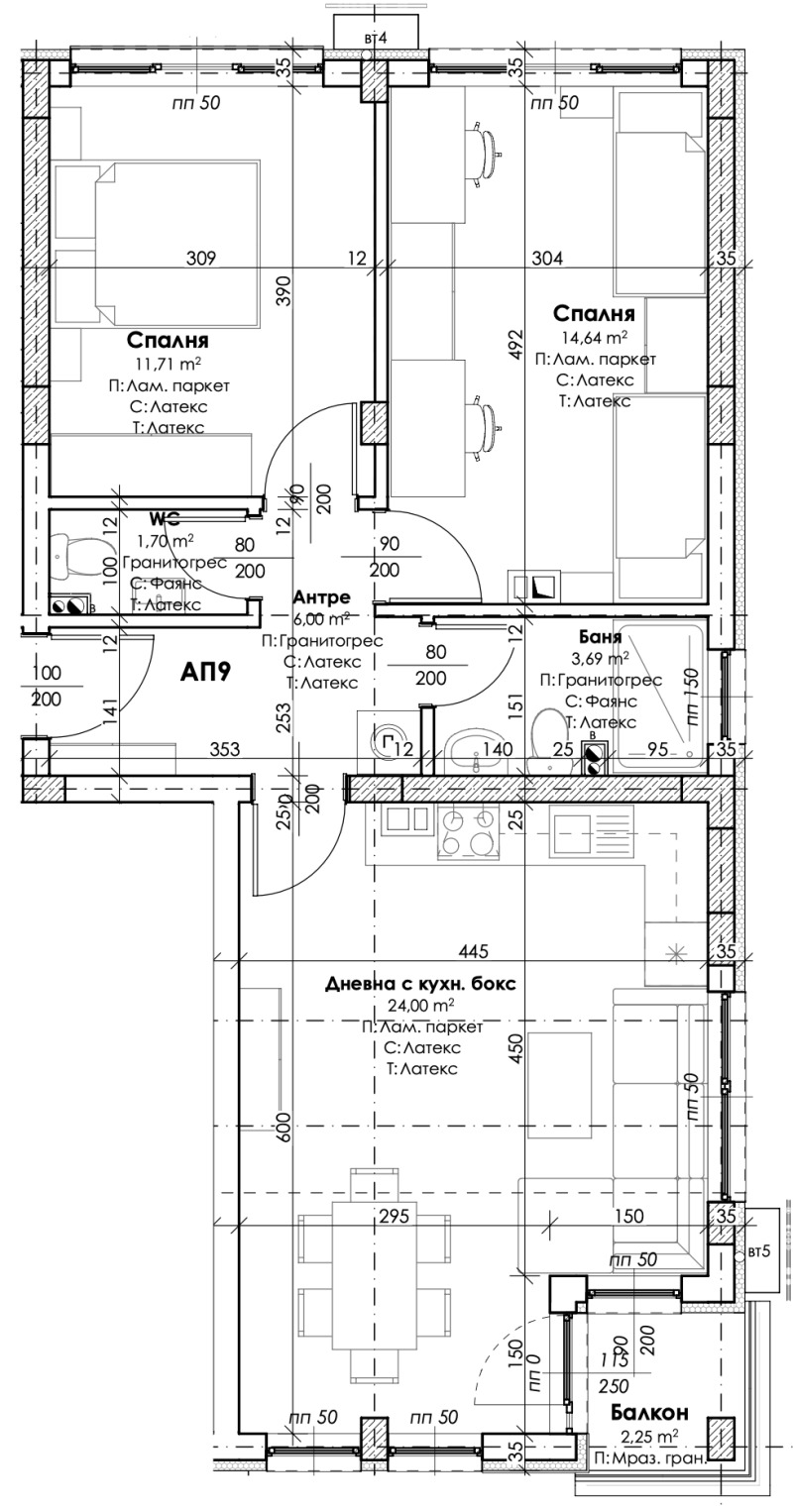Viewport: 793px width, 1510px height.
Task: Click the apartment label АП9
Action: pyautogui.click(x=207, y=673)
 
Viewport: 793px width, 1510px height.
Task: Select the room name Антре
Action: pyautogui.click(x=321, y=597)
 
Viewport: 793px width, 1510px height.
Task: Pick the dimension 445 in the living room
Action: pyautogui.click(x=474, y=952)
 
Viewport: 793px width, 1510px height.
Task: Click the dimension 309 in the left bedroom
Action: pyautogui.click(x=201, y=259)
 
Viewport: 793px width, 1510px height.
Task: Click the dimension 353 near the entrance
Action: pyautogui.click(x=225, y=750)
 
